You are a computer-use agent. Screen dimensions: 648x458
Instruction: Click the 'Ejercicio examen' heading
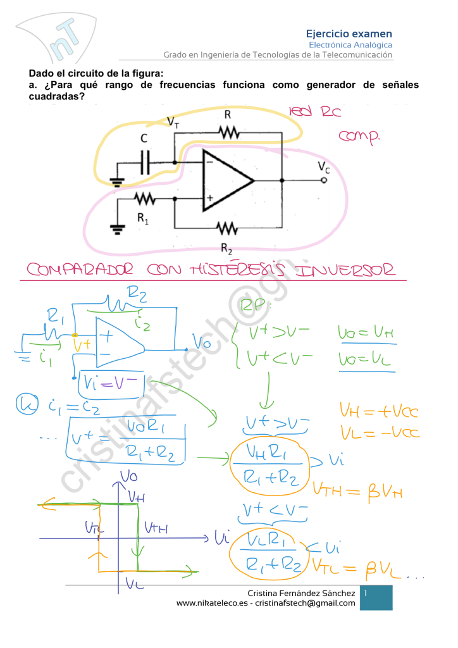(x=349, y=34)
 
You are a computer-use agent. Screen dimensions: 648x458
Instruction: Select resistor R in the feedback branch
(x=228, y=132)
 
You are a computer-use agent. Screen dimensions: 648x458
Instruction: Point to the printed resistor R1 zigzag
(x=145, y=199)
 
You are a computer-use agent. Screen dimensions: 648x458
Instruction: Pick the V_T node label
(x=172, y=121)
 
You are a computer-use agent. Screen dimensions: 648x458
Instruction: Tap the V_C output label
(x=323, y=166)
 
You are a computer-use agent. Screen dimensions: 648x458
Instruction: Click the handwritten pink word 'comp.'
(x=359, y=136)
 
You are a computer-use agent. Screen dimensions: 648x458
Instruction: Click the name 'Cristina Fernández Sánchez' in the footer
(x=301, y=593)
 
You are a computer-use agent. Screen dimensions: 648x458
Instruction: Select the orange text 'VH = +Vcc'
(x=379, y=413)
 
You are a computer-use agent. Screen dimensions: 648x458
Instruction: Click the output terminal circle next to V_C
(x=324, y=180)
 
